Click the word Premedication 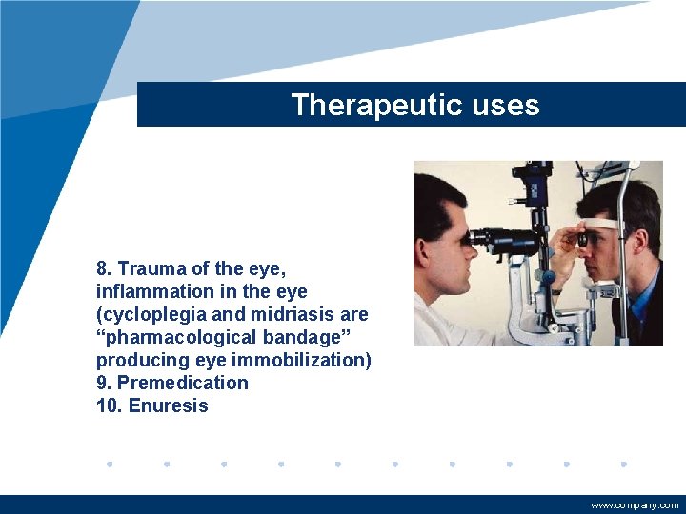click(182, 383)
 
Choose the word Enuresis click(168, 405)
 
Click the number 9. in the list click(104, 383)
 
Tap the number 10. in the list click(110, 405)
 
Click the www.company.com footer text click(635, 505)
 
